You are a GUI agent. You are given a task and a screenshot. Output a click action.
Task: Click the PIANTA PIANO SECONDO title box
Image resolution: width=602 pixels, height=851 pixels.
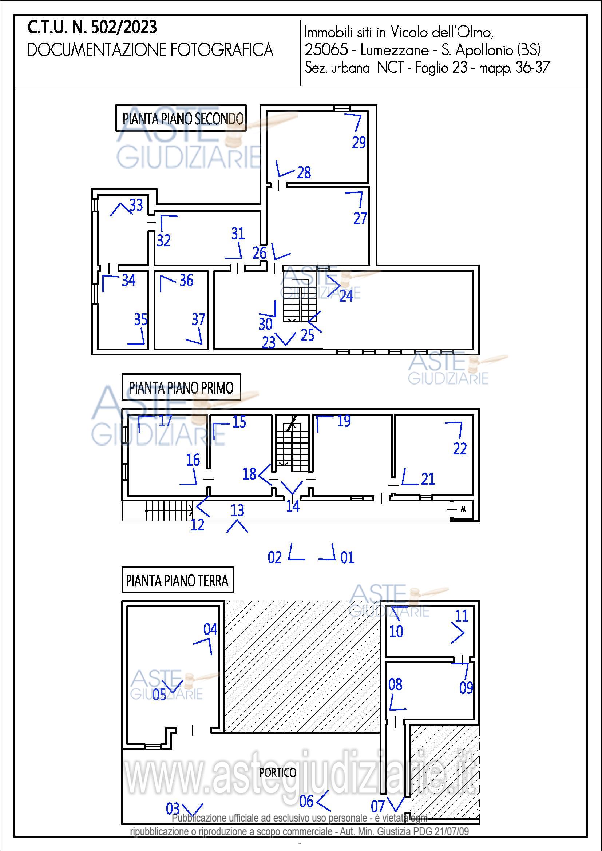pyautogui.click(x=181, y=118)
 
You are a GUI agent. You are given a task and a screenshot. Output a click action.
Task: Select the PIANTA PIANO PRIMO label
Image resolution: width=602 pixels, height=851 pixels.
pyautogui.click(x=181, y=387)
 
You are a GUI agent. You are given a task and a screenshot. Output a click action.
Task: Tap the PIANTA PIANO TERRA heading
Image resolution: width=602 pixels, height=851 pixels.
pyautogui.click(x=178, y=580)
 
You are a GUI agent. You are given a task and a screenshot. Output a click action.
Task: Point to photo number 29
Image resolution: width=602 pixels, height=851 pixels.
pyautogui.click(x=359, y=142)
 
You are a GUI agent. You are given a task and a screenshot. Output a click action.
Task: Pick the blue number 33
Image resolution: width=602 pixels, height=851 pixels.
pyautogui.click(x=136, y=205)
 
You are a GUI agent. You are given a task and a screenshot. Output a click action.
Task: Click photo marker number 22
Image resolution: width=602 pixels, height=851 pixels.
pyautogui.click(x=460, y=449)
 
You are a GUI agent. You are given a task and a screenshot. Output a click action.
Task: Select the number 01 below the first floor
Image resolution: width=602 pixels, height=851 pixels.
pyautogui.click(x=347, y=557)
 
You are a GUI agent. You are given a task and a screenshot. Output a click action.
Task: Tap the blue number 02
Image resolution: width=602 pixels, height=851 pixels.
pyautogui.click(x=275, y=557)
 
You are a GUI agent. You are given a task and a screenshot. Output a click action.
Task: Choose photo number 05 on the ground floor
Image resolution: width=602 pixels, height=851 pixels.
pyautogui.click(x=159, y=695)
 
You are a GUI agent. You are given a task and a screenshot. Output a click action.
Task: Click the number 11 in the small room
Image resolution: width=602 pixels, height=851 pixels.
pyautogui.click(x=462, y=616)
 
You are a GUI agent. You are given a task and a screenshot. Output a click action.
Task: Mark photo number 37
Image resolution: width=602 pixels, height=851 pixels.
pyautogui.click(x=198, y=319)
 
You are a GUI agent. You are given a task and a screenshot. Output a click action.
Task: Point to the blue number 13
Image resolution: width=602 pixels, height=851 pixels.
pyautogui.click(x=237, y=510)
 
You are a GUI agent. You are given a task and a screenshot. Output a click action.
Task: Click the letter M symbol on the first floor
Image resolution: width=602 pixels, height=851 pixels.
pyautogui.click(x=463, y=510)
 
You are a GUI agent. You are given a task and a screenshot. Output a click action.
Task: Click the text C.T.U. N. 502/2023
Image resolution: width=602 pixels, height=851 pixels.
pyautogui.click(x=92, y=27)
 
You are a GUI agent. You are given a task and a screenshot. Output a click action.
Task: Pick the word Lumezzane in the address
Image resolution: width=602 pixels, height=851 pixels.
pyautogui.click(x=395, y=50)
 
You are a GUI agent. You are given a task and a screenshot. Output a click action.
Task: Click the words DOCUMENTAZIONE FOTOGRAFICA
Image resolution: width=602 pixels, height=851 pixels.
pyautogui.click(x=150, y=50)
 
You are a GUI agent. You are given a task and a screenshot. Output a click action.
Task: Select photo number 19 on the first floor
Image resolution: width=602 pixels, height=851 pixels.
pyautogui.click(x=344, y=421)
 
